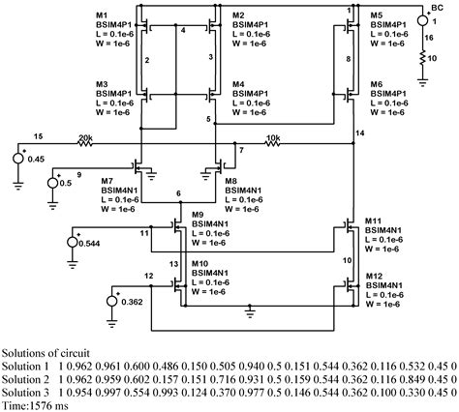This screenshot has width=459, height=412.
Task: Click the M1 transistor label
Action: (103, 16)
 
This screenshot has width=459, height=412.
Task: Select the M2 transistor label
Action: (239, 16)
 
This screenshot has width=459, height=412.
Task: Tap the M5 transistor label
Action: (377, 16)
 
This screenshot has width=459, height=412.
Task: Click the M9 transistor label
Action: (198, 213)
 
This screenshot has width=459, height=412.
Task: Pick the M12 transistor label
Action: (376, 276)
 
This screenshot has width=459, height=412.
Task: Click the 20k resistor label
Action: (86, 138)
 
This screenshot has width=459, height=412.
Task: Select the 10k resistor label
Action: (272, 138)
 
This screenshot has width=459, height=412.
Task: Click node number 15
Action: (38, 134)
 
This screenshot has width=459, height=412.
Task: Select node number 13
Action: (174, 264)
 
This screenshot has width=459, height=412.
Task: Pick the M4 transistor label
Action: (239, 85)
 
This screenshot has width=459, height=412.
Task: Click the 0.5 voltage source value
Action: (65, 181)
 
